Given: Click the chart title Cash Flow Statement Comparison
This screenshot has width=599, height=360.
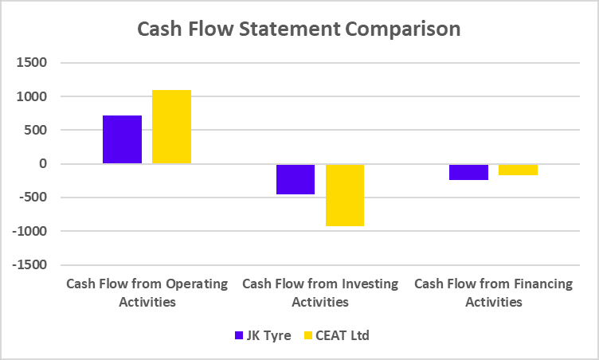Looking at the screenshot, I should click(x=299, y=29).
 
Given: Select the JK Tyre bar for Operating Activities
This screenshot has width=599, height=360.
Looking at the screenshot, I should click(x=122, y=139).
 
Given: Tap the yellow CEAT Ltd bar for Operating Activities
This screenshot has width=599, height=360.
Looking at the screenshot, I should click(x=171, y=127).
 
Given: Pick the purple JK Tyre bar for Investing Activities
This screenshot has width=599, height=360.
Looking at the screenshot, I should click(x=296, y=179).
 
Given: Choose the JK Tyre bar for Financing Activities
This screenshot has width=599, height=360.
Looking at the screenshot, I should click(x=468, y=172).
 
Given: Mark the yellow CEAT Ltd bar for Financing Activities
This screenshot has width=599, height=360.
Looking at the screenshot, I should click(x=518, y=170).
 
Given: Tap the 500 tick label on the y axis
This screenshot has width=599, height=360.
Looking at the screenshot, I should click(x=34, y=131).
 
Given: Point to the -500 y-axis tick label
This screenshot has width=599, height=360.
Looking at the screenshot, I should click(x=32, y=198).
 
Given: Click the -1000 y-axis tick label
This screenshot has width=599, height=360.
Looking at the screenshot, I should click(x=29, y=231).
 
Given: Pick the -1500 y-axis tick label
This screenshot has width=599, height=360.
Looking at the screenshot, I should click(x=29, y=265).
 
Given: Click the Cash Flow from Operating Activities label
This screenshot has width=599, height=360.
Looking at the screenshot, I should click(x=147, y=292).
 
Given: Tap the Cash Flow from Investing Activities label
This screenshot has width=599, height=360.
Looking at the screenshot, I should click(x=320, y=292).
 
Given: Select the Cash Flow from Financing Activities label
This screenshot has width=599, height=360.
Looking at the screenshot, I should click(x=493, y=292).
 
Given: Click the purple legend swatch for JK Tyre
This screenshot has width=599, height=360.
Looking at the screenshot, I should click(x=239, y=335).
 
